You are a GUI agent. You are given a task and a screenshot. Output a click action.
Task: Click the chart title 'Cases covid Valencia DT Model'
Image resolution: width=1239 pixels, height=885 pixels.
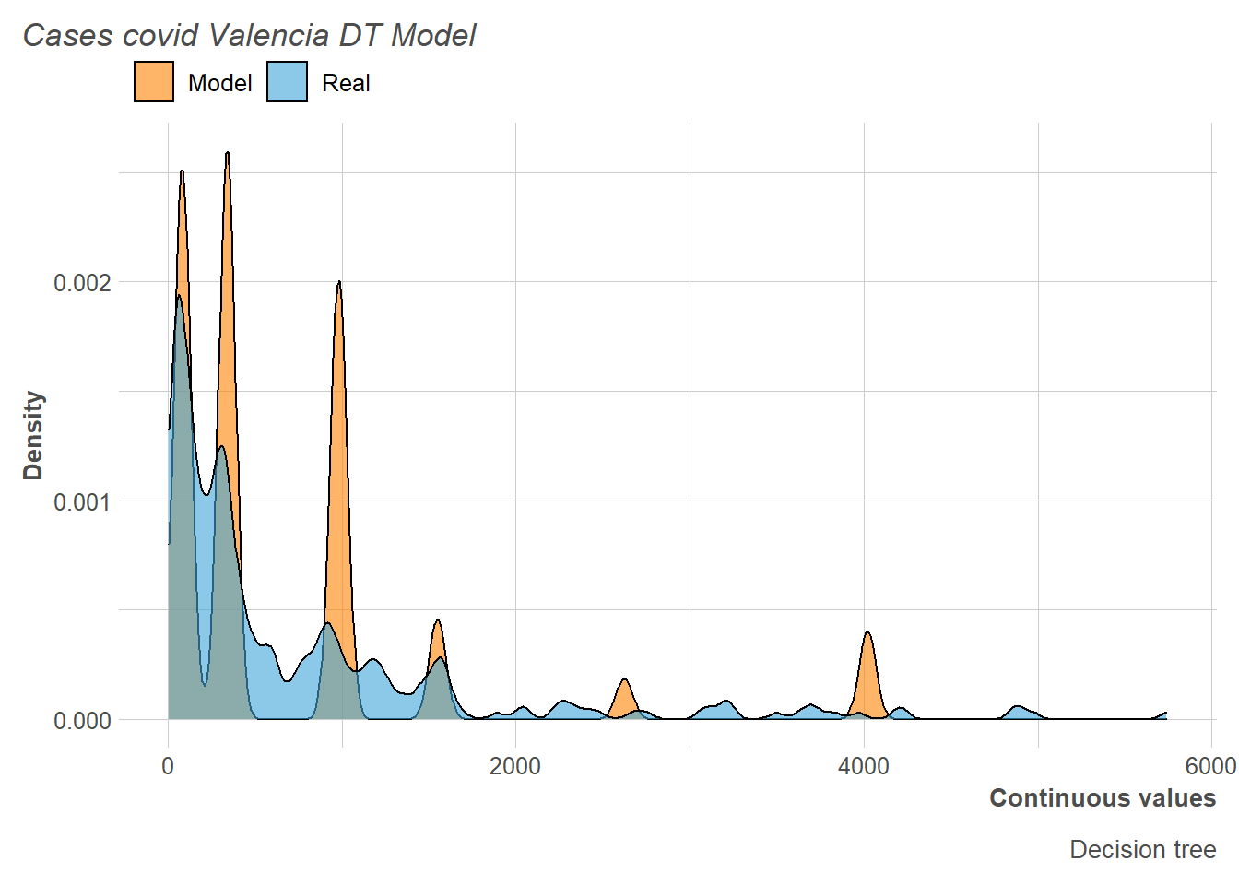pos(249,35)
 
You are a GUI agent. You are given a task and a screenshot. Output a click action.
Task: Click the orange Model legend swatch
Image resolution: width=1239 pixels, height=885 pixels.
pos(154,82)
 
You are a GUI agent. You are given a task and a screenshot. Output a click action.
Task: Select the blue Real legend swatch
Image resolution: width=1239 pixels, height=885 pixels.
pos(287,82)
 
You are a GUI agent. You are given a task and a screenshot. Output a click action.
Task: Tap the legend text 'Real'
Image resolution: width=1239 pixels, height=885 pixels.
pos(346,83)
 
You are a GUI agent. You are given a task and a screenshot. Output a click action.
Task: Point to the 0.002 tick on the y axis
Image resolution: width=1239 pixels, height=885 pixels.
pos(82,282)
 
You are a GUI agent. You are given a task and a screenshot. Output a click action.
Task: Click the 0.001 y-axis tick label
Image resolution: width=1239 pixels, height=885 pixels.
pos(82,501)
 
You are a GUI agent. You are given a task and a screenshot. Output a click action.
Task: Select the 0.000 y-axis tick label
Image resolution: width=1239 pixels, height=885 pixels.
pos(82,720)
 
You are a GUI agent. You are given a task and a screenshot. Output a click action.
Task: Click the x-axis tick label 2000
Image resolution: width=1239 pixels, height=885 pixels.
pos(515,766)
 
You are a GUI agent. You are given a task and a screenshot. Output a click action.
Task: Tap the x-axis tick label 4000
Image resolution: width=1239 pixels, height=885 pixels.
pos(864,766)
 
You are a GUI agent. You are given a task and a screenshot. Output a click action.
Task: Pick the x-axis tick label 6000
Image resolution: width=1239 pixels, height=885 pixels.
pos(1210,766)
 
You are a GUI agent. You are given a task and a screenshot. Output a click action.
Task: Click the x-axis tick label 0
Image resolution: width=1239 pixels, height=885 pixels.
pos(168,766)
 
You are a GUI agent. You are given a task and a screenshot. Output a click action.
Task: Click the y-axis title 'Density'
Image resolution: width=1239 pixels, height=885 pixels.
pos(33,435)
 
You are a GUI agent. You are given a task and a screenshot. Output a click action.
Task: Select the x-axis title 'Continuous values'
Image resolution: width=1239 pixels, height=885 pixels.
pos(1103,798)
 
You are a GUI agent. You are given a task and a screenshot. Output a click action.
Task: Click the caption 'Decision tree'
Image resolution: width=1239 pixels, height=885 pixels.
pos(1142,849)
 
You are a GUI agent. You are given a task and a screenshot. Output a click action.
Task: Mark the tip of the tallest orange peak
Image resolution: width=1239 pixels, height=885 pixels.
pos(227,153)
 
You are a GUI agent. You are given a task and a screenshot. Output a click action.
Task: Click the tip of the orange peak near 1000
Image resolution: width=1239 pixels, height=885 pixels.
pos(339,281)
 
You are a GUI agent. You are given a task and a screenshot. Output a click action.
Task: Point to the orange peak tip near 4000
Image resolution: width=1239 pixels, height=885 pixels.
pos(867,632)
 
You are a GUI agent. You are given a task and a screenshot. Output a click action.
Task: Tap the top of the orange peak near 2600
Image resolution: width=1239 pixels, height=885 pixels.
pos(624,679)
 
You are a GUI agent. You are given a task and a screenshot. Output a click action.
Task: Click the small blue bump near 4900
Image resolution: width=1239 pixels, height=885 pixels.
pos(1018,706)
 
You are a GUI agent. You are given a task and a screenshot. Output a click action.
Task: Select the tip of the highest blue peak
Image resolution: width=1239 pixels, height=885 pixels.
pos(179,296)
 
